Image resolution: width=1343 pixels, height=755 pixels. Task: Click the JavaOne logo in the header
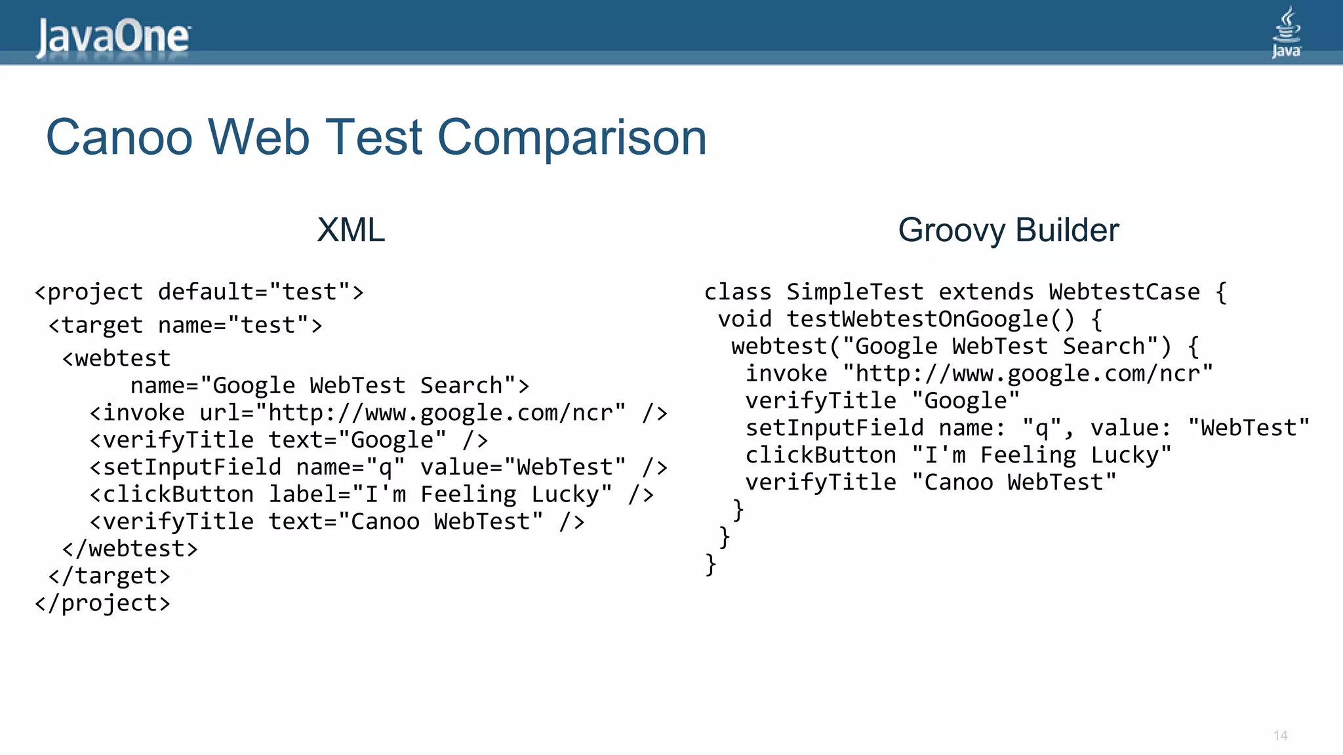[113, 37]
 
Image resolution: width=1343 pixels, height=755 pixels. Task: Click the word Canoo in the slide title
[119, 138]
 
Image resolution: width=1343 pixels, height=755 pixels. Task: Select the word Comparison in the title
[572, 138]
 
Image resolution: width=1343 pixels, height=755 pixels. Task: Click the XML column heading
[351, 230]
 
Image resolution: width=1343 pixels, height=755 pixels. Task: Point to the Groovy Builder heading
[1008, 230]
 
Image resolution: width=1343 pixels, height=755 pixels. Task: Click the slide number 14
[1280, 735]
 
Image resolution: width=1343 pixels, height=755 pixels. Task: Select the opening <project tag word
[89, 292]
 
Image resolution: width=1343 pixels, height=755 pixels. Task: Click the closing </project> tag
[102, 603]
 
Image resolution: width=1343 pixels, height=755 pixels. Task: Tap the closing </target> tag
[109, 576]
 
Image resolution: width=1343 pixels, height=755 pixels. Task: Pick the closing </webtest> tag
[130, 549]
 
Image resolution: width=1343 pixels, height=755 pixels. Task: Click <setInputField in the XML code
[185, 467]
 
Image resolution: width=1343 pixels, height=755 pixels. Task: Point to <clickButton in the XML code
[171, 495]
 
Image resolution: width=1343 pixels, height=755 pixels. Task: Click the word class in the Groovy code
[738, 292]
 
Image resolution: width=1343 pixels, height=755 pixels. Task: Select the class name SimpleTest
[854, 292]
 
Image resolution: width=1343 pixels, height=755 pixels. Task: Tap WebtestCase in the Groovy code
[1124, 292]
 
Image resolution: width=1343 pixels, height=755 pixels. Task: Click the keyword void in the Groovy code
[744, 320]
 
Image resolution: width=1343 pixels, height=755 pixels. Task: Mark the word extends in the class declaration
[986, 292]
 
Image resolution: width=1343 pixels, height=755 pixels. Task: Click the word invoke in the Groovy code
[786, 374]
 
